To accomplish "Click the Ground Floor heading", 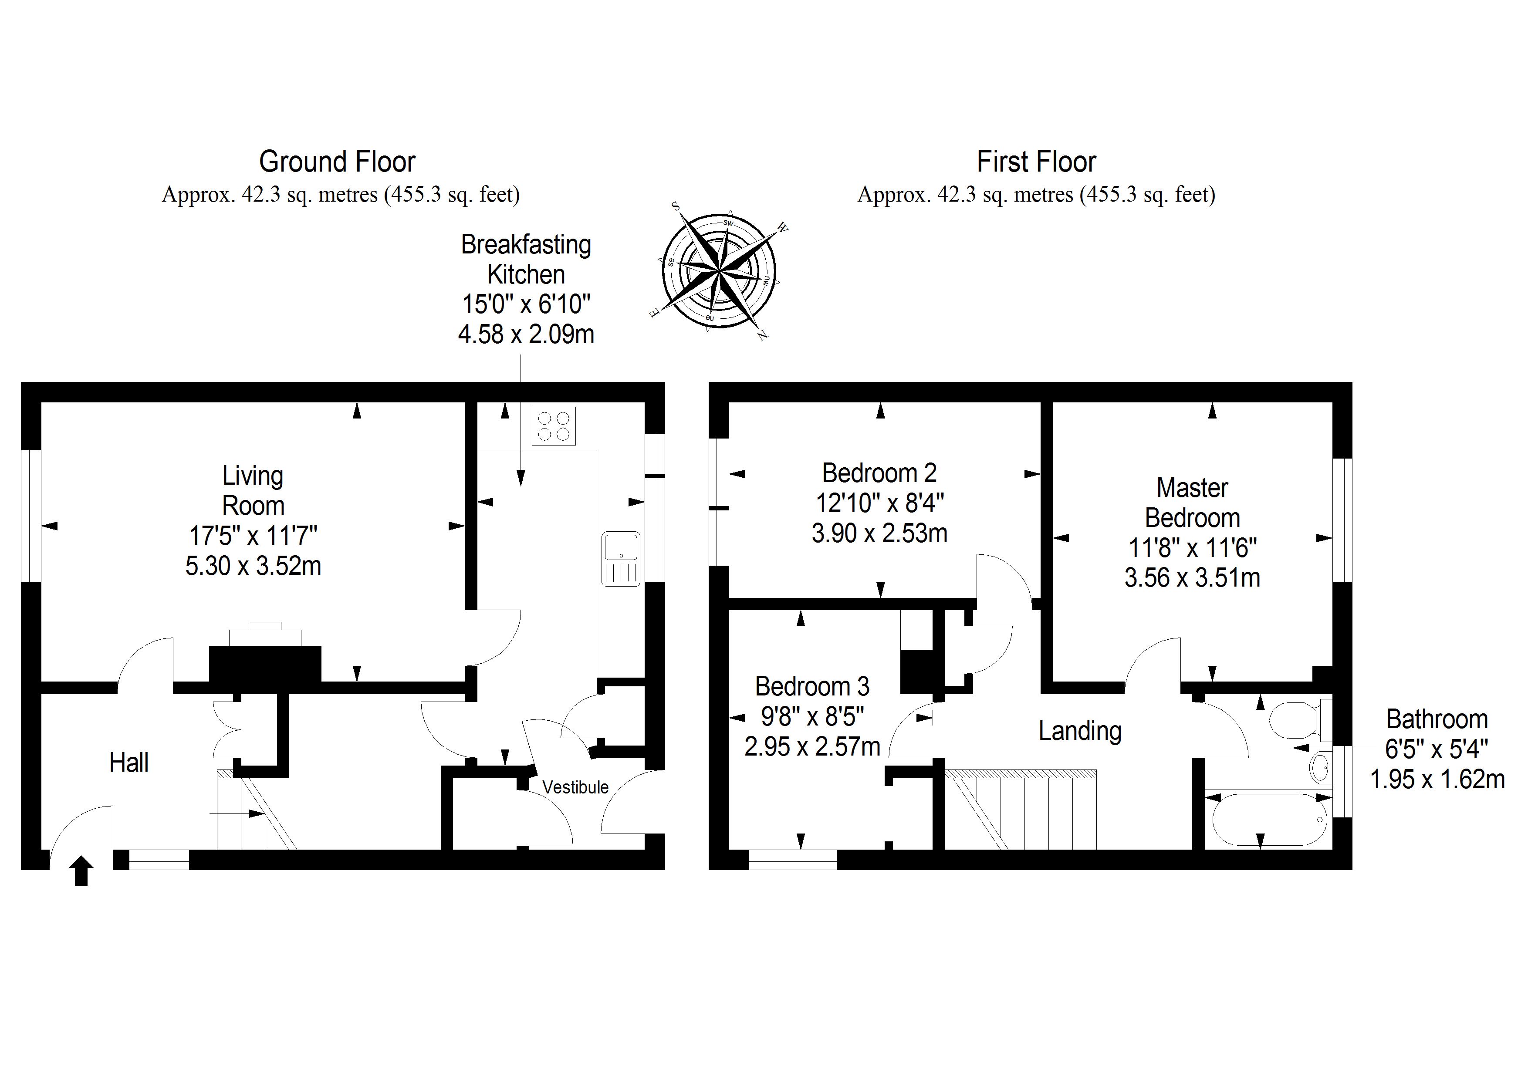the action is tap(338, 162).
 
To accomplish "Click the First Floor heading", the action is tap(1036, 162).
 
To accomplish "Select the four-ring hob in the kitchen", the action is tap(554, 426).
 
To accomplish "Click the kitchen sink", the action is tap(621, 558).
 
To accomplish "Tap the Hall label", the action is tap(129, 763).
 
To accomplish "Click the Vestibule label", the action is tap(575, 787).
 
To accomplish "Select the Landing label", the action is tap(1080, 731).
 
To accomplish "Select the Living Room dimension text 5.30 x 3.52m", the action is tap(253, 566).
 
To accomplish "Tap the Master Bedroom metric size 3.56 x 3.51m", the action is tap(1192, 577).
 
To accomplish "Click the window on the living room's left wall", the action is tap(31, 516).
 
